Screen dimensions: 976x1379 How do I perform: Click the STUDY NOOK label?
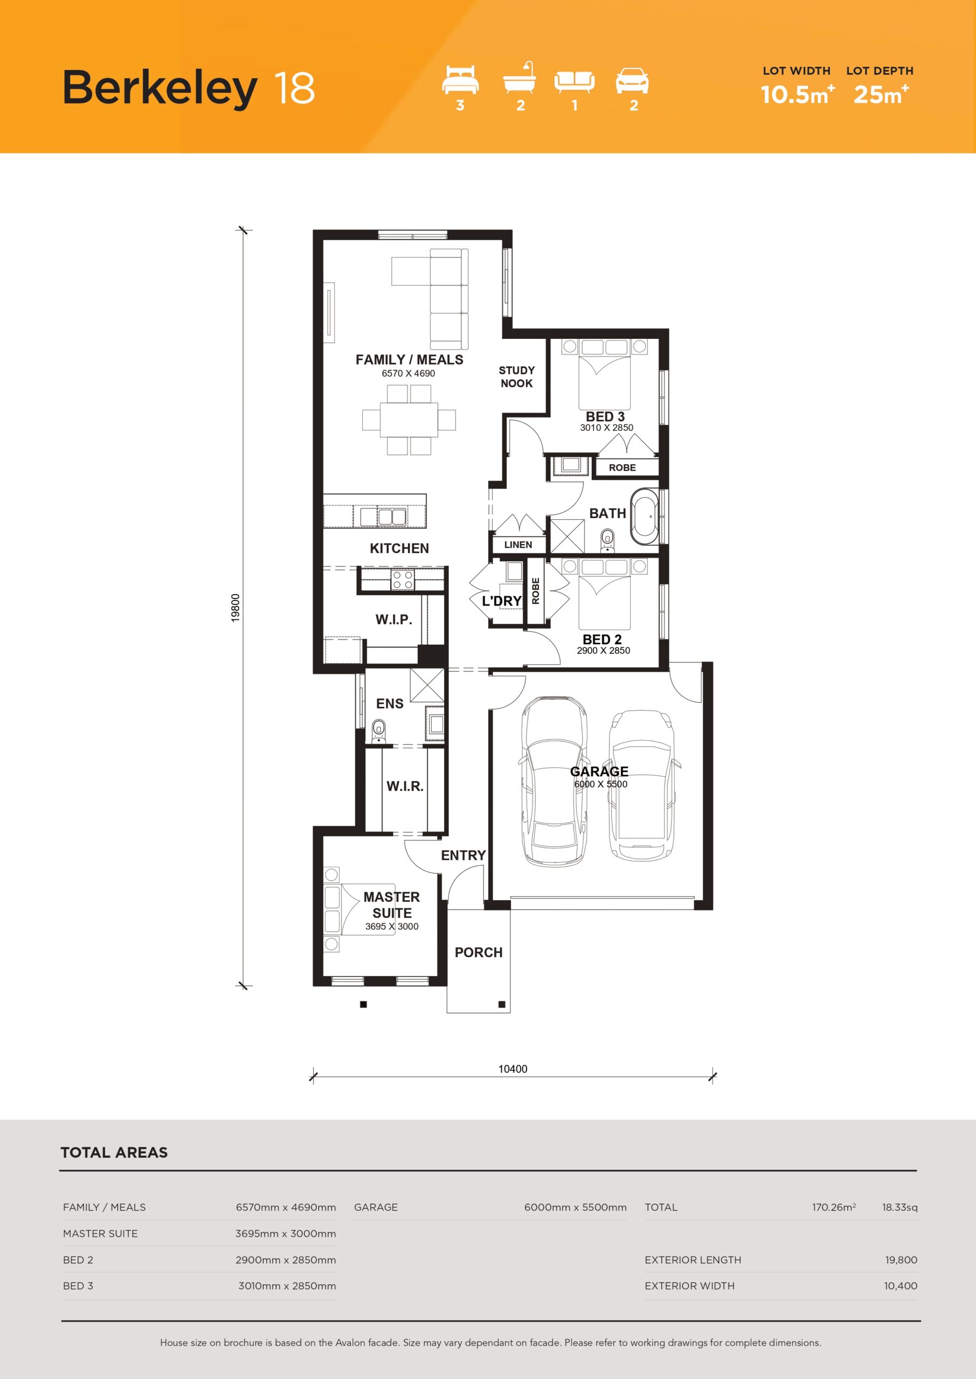pyautogui.click(x=516, y=377)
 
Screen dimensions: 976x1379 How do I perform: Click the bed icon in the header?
pyautogui.click(x=460, y=80)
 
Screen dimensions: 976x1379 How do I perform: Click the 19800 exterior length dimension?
pyautogui.click(x=236, y=608)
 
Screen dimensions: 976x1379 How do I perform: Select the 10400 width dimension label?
pyautogui.click(x=513, y=1069)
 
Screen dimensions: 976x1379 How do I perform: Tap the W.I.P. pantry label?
pyautogui.click(x=393, y=619)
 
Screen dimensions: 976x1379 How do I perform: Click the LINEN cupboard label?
pyautogui.click(x=518, y=545)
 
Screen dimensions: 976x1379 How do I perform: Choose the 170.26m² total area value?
pyautogui.click(x=834, y=1207)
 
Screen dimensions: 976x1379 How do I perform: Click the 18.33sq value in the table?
pyautogui.click(x=899, y=1207)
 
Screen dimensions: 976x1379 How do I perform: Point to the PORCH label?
pyautogui.click(x=479, y=952)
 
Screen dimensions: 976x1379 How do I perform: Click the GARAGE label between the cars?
pyautogui.click(x=599, y=771)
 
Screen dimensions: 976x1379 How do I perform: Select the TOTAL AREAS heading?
pyautogui.click(x=114, y=1152)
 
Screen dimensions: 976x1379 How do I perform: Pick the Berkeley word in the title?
pyautogui.click(x=160, y=88)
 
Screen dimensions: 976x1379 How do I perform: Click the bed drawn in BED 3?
pyautogui.click(x=605, y=375)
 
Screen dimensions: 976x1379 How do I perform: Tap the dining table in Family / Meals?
pyautogui.click(x=409, y=419)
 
